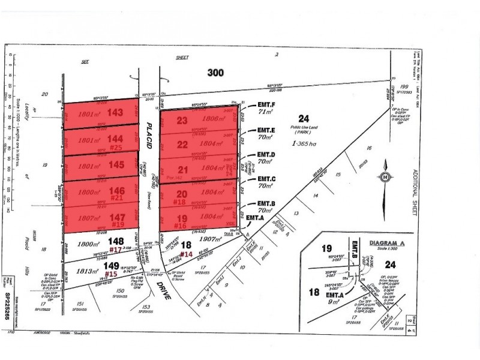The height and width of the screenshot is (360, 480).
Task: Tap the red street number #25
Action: tap(116, 147)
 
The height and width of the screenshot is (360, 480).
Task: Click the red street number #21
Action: tap(117, 197)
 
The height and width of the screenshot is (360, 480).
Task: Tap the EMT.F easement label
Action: tap(266, 105)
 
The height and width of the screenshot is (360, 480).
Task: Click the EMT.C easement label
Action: tap(266, 179)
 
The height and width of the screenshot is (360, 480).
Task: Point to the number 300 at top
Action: tap(215, 73)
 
